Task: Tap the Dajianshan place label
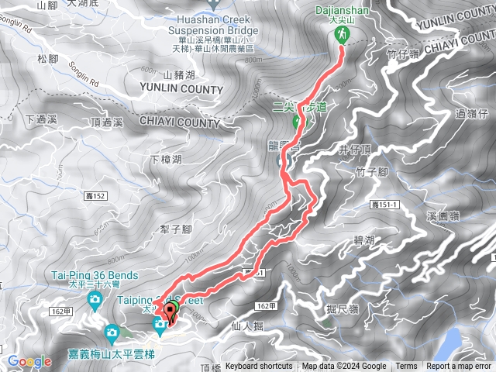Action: click(x=341, y=14)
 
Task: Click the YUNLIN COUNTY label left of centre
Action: click(x=181, y=89)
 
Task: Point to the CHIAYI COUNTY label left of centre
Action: click(x=181, y=122)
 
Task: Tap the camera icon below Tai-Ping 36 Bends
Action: click(x=95, y=300)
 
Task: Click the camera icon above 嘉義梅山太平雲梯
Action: click(x=112, y=333)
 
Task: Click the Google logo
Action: click(x=29, y=361)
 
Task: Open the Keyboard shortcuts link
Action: click(x=259, y=367)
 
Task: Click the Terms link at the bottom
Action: click(x=406, y=367)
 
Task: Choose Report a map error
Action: click(x=459, y=367)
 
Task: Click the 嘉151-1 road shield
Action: click(x=383, y=204)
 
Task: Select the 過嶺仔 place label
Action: click(x=471, y=114)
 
